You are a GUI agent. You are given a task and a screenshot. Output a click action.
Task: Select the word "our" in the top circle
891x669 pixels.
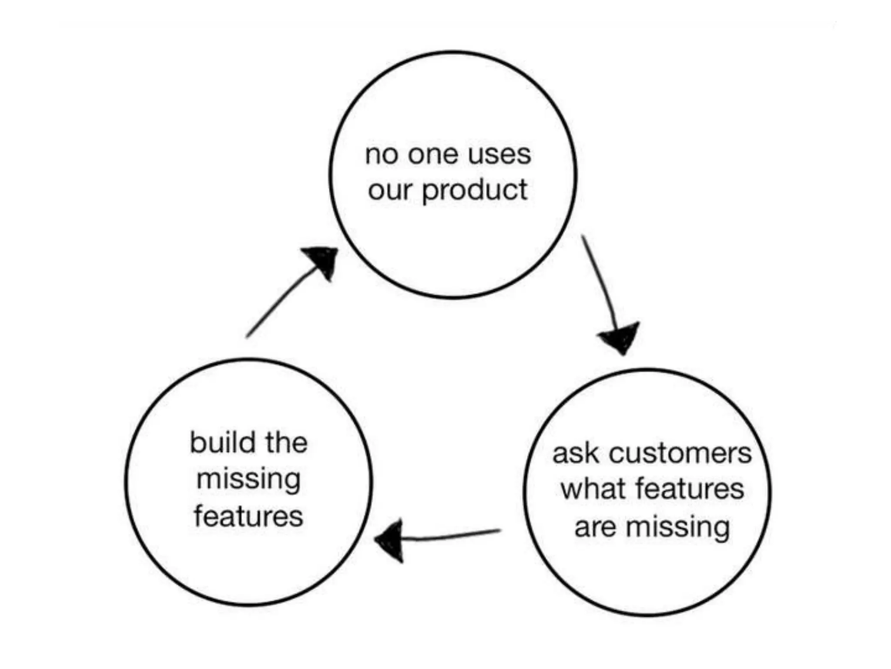tap(389, 190)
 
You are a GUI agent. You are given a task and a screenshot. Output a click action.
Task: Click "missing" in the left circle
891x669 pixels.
tap(248, 480)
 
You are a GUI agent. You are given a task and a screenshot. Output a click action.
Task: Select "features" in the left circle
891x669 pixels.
tap(248, 517)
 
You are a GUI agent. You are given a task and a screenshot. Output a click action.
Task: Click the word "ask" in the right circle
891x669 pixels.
tap(575, 454)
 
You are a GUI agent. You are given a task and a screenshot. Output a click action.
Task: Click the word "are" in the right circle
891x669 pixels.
tap(595, 527)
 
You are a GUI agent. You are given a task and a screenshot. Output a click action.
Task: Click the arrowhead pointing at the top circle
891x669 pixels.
tap(324, 260)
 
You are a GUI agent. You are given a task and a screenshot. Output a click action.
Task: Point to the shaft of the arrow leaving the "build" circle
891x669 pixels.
tap(278, 303)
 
